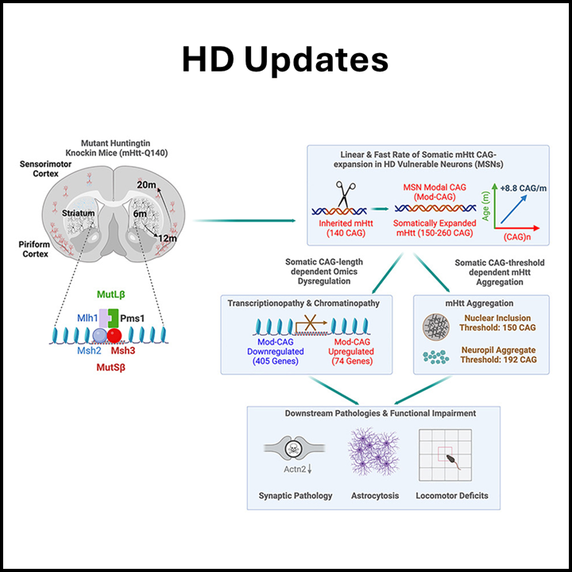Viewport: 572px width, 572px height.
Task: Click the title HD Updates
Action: pyautogui.click(x=285, y=60)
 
